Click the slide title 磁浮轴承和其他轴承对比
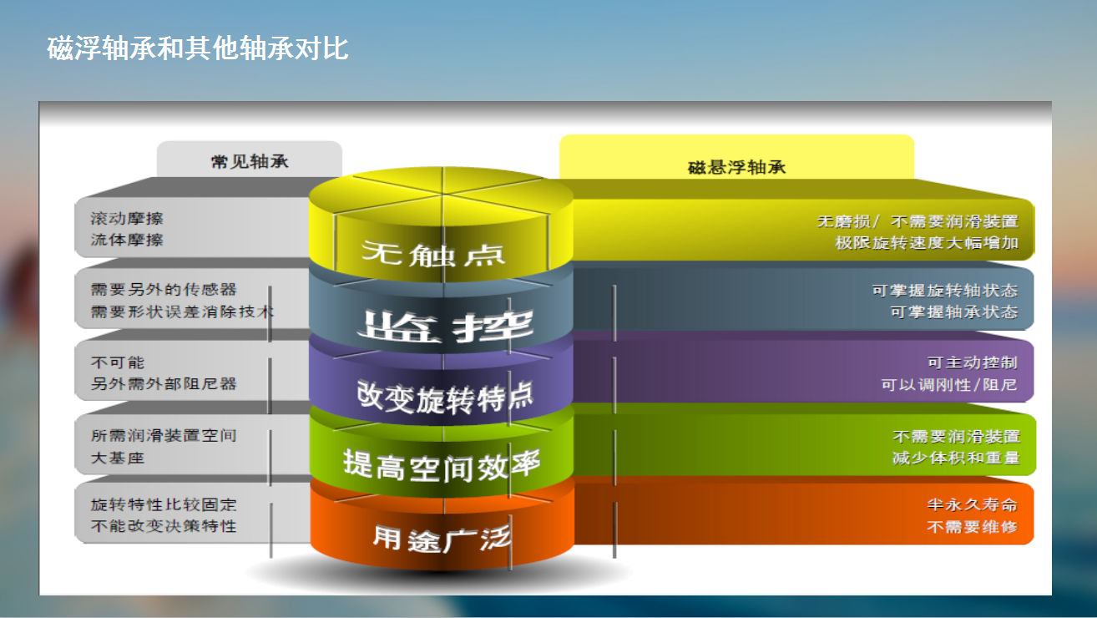coord(197,48)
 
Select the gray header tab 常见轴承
coord(250,160)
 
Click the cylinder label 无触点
coord(433,253)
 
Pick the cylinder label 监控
coord(445,326)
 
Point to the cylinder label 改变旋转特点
coord(445,396)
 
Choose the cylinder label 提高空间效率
coord(442,464)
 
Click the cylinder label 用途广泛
coord(442,538)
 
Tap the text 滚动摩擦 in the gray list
coord(126,219)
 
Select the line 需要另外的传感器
coord(164,289)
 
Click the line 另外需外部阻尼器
coord(164,383)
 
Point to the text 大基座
coord(118,458)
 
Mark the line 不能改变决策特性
coord(164,526)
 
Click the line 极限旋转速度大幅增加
coord(927,242)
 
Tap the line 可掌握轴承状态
coord(954,312)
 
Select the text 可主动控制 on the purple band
coord(973,362)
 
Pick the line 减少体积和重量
coord(955,458)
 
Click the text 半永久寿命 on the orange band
coord(973,504)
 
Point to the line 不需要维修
coord(973,527)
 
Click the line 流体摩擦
coord(126,240)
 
